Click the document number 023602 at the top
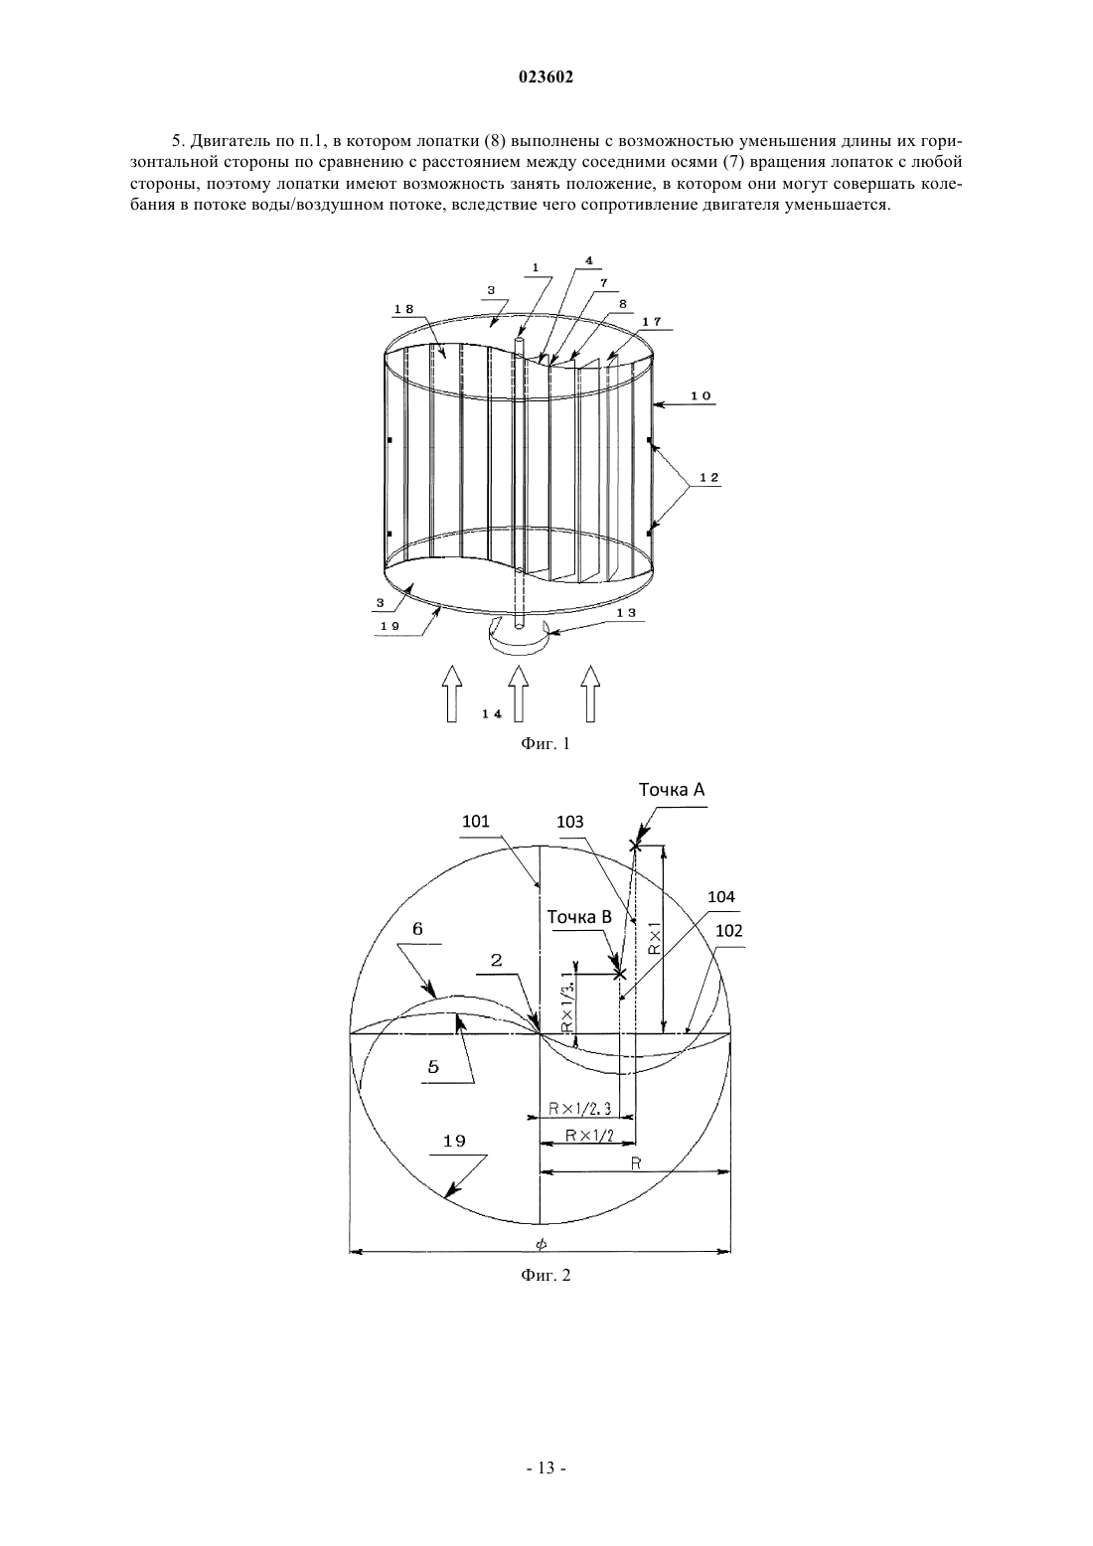[546, 77]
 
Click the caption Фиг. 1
[546, 743]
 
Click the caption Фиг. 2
[546, 1275]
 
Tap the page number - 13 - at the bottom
[546, 1482]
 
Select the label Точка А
[672, 790]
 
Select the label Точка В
[579, 917]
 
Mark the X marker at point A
[635, 845]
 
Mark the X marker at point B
[620, 974]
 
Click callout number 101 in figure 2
[475, 821]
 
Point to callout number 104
[721, 896]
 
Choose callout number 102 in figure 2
[729, 930]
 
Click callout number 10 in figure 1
[701, 396]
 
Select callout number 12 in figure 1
[708, 477]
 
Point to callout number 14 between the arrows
[491, 713]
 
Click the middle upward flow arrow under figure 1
[519, 694]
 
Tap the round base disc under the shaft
[518, 636]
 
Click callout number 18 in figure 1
[403, 309]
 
